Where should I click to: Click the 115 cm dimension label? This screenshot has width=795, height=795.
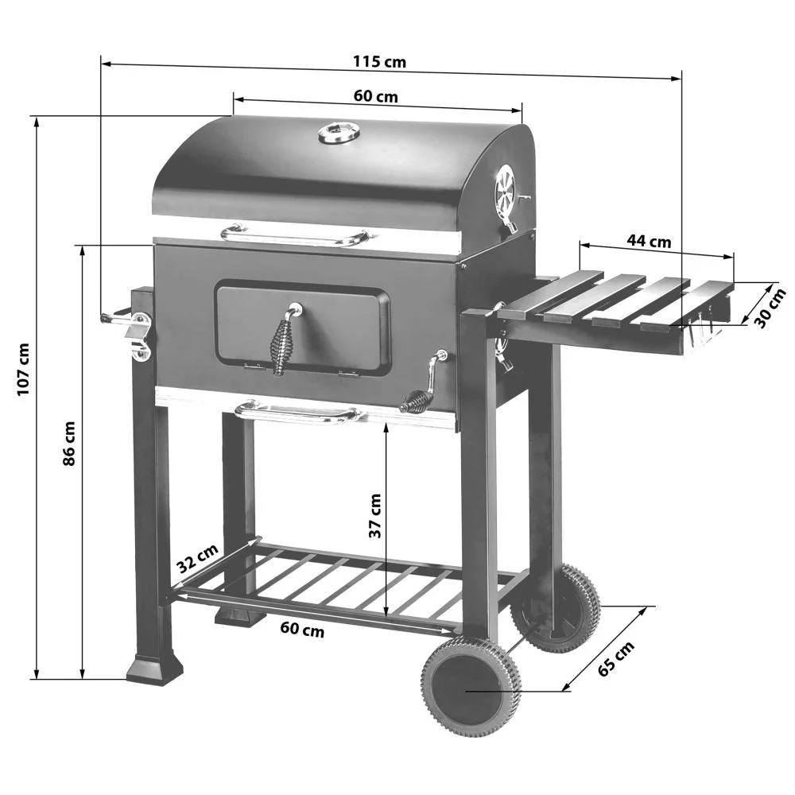click(379, 62)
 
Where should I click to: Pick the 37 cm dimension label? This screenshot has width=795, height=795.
click(374, 516)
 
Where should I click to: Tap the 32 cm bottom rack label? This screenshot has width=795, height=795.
click(197, 559)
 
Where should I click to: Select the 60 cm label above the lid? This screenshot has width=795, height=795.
click(375, 96)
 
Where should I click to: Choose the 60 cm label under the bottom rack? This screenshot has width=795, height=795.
click(302, 630)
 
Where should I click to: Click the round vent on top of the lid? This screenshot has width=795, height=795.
click(339, 132)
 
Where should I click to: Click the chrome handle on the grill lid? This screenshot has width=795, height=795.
click(294, 235)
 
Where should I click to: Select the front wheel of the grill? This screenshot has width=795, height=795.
click(471, 685)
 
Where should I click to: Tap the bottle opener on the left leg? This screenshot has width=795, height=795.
click(138, 334)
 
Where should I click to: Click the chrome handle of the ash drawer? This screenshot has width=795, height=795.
click(297, 412)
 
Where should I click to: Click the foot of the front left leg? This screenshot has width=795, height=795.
click(154, 669)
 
